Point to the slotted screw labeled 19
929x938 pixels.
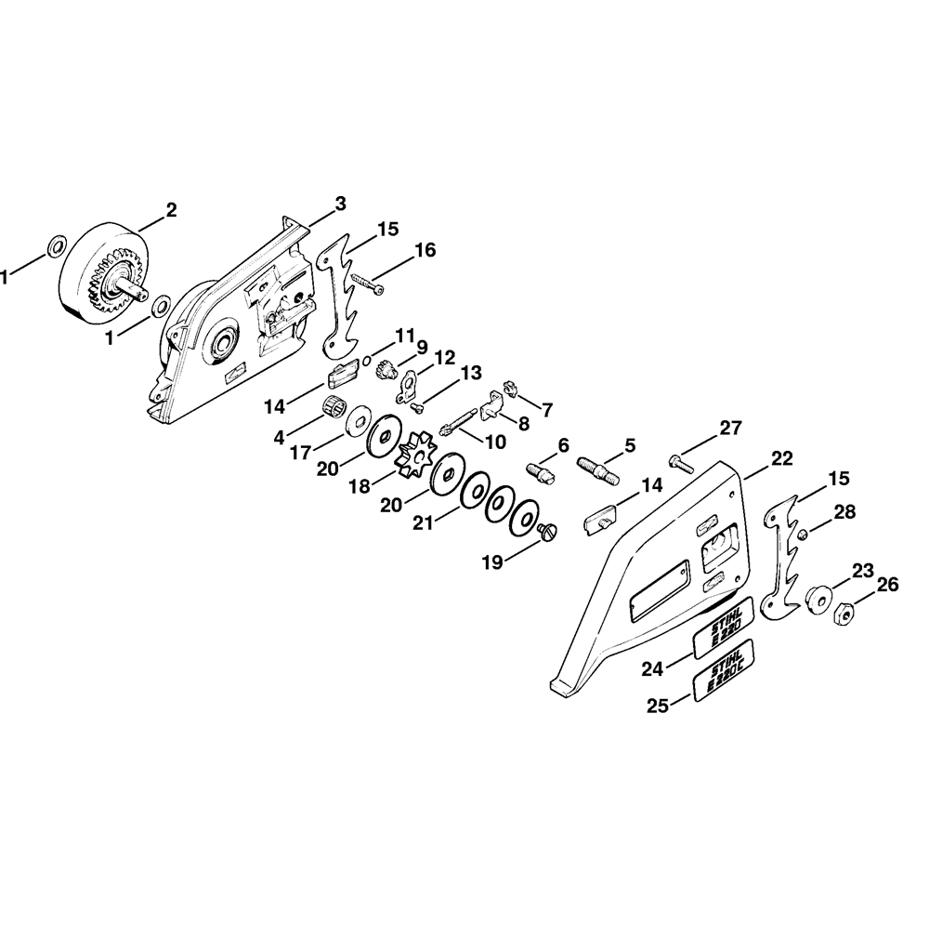tap(547, 531)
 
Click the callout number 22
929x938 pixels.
tap(782, 457)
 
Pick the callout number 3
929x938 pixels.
tap(341, 203)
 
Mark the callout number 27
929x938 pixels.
tap(731, 429)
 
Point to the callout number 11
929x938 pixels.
tap(405, 335)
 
